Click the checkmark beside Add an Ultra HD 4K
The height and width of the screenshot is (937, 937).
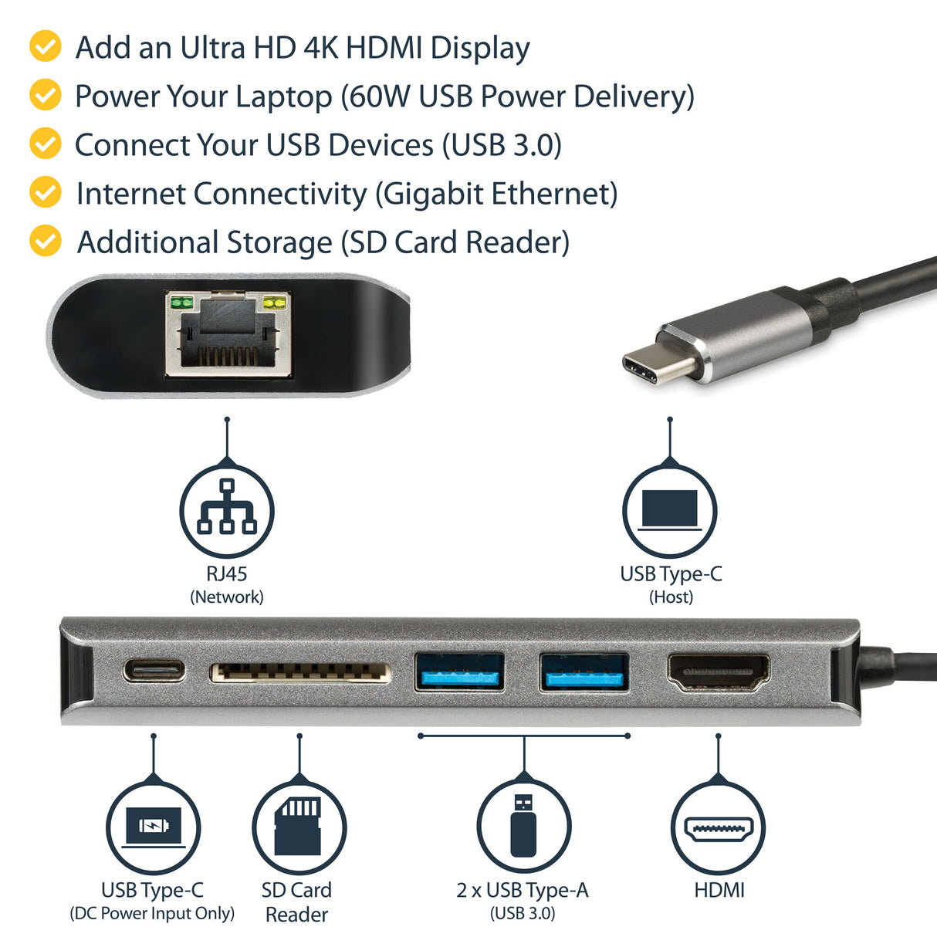[x=46, y=46]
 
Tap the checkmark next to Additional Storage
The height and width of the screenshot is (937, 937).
[x=46, y=241]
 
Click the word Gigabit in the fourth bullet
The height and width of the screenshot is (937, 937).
[x=435, y=194]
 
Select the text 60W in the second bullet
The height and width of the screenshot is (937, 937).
[x=379, y=96]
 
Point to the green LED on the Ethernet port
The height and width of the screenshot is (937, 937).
[x=181, y=303]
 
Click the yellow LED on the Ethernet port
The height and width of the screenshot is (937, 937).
[x=275, y=303]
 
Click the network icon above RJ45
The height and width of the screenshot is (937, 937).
[x=227, y=509]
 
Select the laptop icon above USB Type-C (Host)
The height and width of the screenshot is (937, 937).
[x=670, y=510]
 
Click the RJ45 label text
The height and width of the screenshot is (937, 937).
[x=227, y=573]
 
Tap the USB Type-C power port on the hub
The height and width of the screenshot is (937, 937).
[x=154, y=670]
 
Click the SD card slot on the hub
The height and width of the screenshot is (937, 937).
[x=300, y=672]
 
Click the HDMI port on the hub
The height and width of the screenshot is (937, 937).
[x=718, y=671]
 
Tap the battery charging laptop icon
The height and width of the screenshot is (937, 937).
[x=154, y=827]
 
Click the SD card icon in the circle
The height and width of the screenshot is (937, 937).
[x=299, y=826]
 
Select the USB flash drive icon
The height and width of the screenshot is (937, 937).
[x=523, y=826]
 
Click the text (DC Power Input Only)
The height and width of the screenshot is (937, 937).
[x=152, y=914]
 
